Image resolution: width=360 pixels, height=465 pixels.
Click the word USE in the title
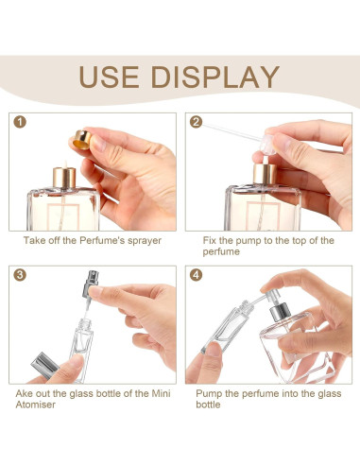111,77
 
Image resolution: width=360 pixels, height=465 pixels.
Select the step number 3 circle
21,277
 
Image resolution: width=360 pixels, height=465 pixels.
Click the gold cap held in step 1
79,143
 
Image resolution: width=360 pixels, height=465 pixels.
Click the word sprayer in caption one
140,241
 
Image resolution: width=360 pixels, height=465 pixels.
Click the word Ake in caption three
26,390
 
